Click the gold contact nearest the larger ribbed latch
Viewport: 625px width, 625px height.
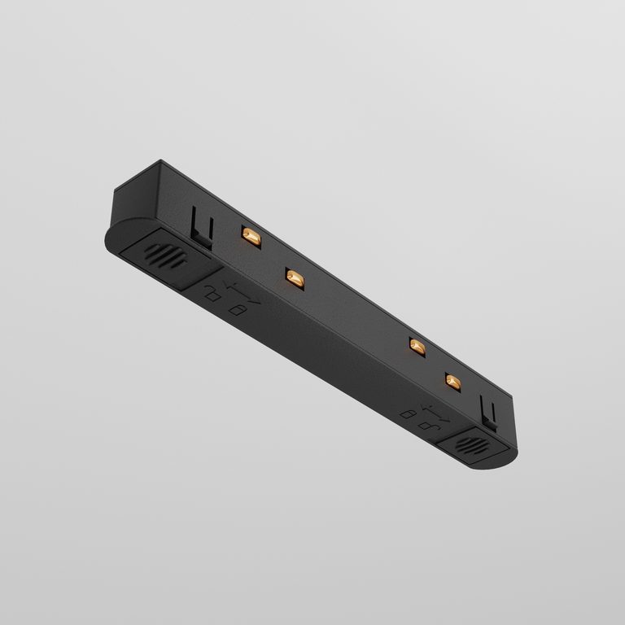pyautogui.click(x=251, y=237)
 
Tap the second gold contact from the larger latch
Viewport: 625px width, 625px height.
pyautogui.click(x=295, y=278)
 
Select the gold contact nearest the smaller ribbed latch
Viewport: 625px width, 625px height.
pyautogui.click(x=452, y=381)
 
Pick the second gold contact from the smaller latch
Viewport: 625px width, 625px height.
pyautogui.click(x=417, y=347)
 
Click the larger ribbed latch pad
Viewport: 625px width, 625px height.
pyautogui.click(x=164, y=259)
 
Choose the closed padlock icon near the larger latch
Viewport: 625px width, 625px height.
pyautogui.click(x=235, y=309)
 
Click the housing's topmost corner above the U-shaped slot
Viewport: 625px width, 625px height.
pyautogui.click(x=161, y=162)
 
